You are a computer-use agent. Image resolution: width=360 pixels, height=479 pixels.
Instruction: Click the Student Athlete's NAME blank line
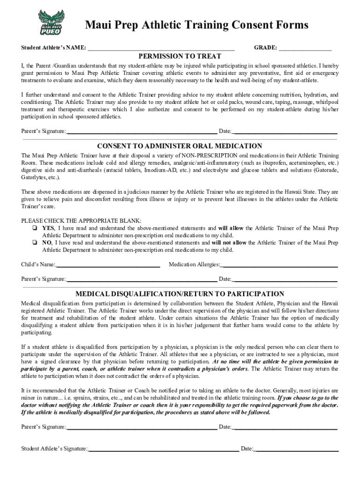coord(161,48)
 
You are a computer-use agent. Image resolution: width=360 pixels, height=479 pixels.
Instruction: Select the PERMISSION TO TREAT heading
coord(180,56)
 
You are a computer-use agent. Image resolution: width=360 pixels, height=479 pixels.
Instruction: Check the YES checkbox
coord(35,228)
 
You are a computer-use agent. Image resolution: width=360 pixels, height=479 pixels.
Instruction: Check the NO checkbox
coord(35,243)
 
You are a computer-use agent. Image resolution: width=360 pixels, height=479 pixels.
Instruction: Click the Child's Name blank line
coord(108,265)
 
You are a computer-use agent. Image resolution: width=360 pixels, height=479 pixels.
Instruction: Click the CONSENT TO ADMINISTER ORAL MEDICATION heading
coord(180,146)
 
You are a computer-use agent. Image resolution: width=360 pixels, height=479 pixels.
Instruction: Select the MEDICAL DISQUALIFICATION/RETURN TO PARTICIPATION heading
coord(180,294)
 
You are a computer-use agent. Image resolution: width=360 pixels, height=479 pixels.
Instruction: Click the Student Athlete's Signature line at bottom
coord(163,449)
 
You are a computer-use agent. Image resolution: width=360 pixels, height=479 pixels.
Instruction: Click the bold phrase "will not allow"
coord(229,243)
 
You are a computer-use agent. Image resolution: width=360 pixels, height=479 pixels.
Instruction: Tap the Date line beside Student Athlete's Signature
coord(296,449)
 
